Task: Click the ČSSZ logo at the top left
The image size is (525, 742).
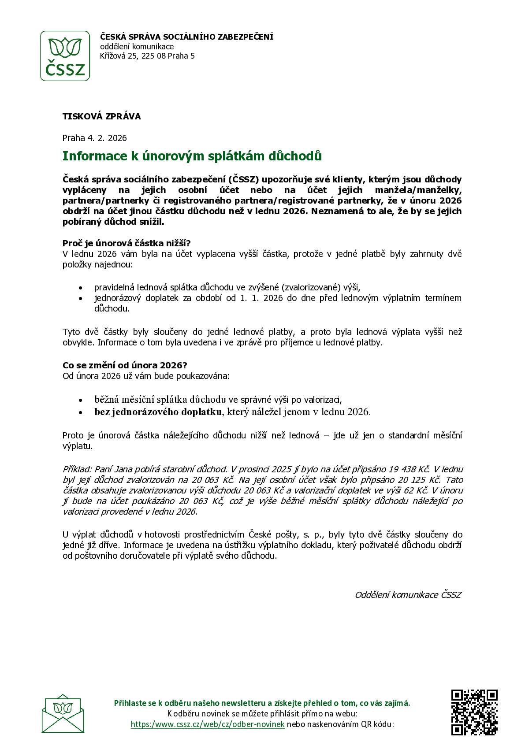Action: (65, 56)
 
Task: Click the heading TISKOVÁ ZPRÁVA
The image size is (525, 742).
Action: (101, 117)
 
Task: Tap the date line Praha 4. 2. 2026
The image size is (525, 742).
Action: (94, 138)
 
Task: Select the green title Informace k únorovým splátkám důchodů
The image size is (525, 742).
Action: (192, 156)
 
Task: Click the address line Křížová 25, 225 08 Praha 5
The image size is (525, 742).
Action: (147, 56)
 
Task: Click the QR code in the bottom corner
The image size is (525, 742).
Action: (474, 712)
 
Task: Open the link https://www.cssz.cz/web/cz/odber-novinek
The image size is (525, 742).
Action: (208, 725)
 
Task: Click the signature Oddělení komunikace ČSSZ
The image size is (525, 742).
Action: (408, 595)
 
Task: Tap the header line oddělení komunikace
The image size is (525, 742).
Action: (137, 47)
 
